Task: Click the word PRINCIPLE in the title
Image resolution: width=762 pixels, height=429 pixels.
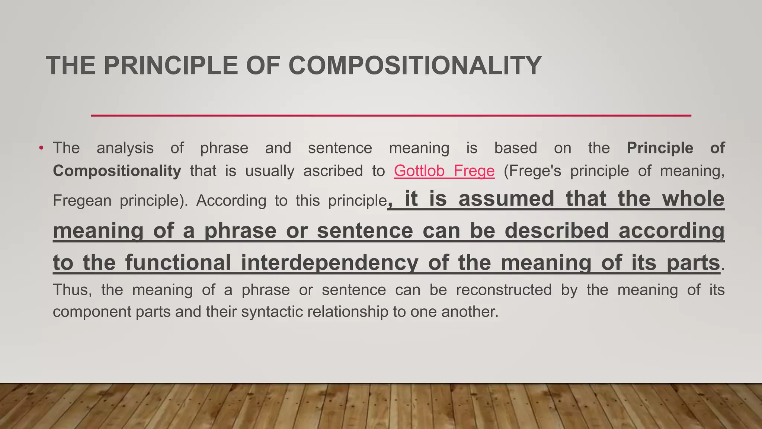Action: point(170,66)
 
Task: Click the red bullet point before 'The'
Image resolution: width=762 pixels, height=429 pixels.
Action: point(41,148)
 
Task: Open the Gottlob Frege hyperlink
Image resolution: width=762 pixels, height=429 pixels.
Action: point(444,171)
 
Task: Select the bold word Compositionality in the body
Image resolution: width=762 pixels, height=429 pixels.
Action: point(117,171)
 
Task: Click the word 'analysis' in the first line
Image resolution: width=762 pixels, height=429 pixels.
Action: point(125,148)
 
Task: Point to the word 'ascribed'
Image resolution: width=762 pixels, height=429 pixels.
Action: point(333,171)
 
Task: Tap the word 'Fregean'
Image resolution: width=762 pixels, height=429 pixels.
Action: point(82,201)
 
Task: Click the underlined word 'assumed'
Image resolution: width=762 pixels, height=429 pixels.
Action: point(506,198)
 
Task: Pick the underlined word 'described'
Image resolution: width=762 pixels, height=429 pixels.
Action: point(557,231)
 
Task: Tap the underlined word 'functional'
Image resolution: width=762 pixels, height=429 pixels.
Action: point(178,262)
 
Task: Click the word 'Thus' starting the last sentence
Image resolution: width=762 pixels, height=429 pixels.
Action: point(72,290)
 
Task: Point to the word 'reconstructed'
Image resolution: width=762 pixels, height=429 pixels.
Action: point(504,290)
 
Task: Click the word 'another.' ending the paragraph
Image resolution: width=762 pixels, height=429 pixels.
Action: point(470,312)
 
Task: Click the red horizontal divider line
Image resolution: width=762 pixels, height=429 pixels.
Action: point(391,115)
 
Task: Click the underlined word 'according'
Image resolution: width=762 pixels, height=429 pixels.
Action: point(671,231)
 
